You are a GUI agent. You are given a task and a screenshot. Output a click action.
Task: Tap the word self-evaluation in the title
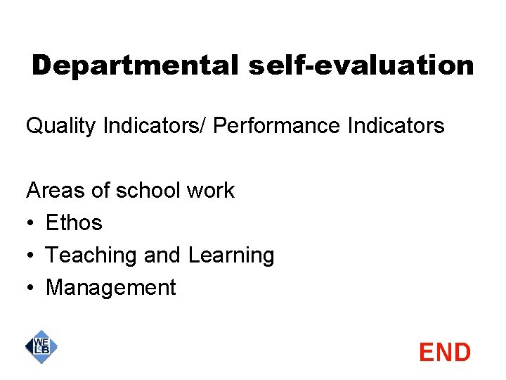361,66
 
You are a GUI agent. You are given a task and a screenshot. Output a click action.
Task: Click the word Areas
51,190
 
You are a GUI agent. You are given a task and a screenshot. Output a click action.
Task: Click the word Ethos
74,222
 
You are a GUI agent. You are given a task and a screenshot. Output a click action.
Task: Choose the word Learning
231,255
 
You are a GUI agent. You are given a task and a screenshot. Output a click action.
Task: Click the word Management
110,287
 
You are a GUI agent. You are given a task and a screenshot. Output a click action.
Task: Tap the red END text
444,352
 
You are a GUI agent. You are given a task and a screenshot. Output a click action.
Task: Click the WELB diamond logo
41,346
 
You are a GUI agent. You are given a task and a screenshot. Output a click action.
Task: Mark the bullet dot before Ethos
30,223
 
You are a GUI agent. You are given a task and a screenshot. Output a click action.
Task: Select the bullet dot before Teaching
30,255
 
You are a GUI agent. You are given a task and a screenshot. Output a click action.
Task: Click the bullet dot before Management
30,288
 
